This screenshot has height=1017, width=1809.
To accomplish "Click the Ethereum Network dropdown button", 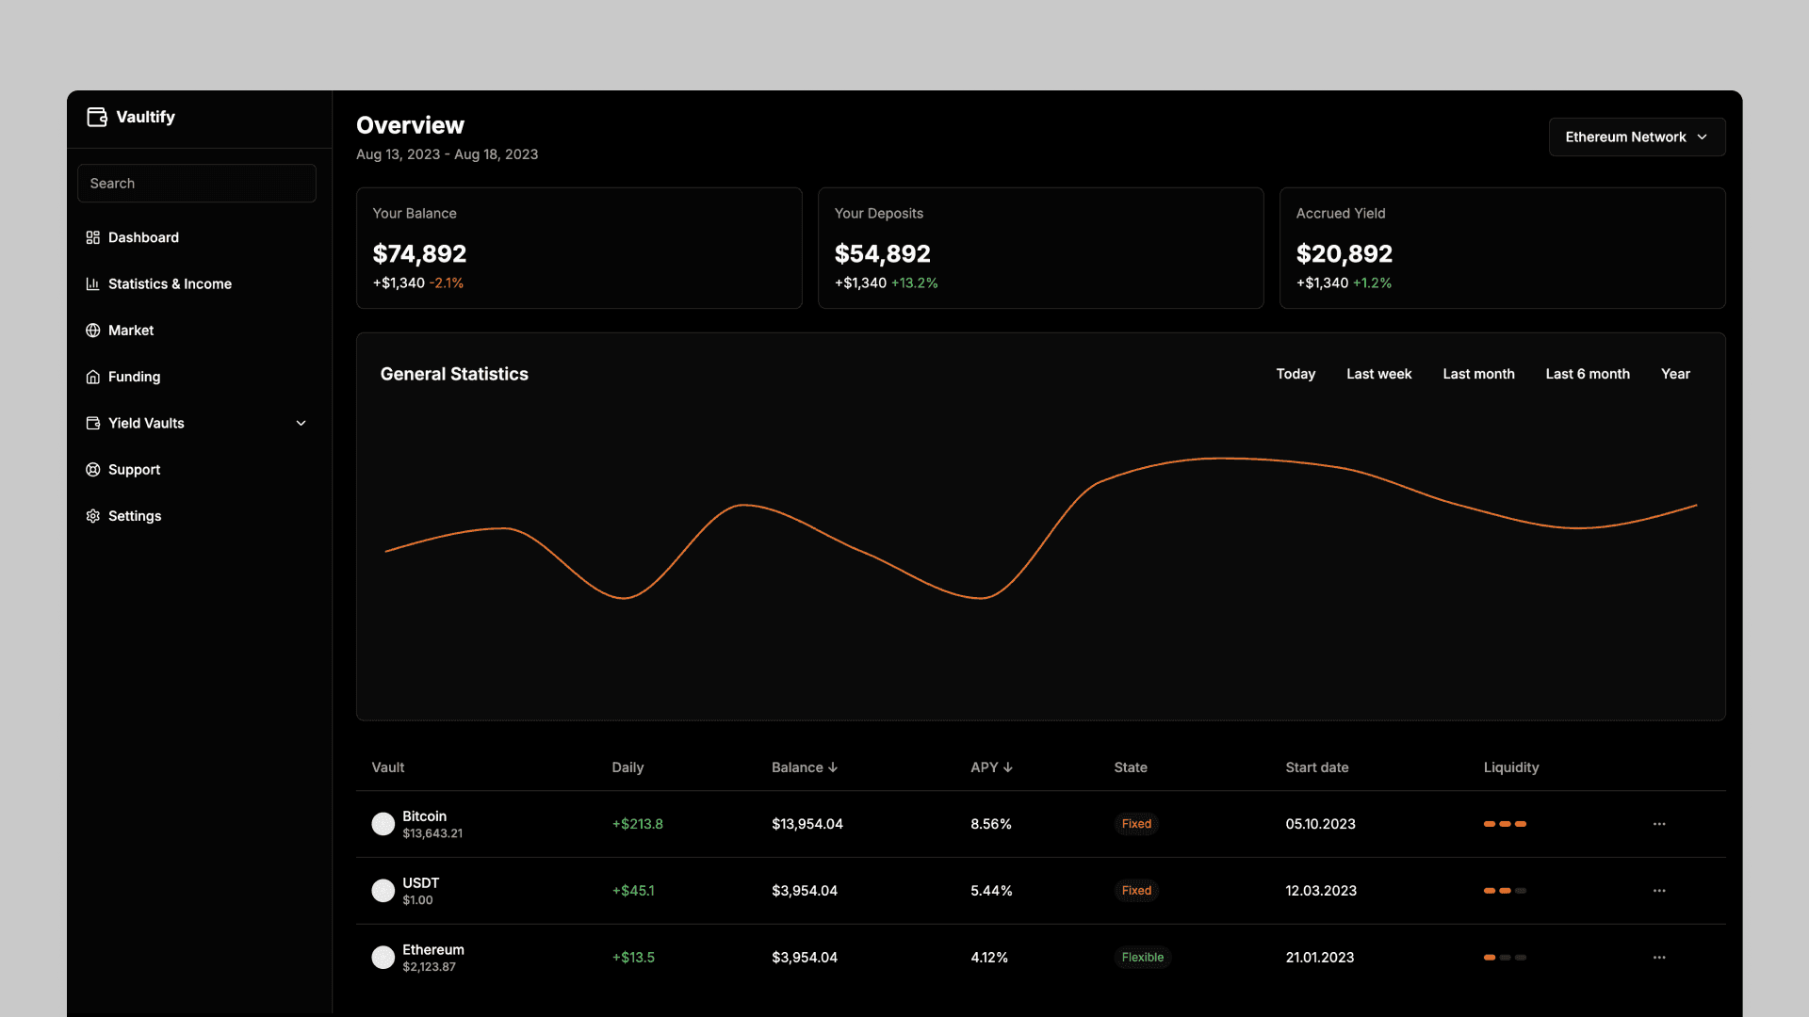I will click(x=1637, y=137).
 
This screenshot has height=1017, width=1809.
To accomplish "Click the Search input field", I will click(x=197, y=184).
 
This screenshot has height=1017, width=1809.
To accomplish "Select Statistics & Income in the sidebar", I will click(x=170, y=284).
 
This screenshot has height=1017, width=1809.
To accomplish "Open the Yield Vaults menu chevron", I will click(x=301, y=424).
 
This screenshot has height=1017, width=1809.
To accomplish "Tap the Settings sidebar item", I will click(x=134, y=516).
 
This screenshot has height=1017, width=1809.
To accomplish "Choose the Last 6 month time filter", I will click(x=1588, y=374).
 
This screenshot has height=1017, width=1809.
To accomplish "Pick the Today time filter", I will click(x=1296, y=374).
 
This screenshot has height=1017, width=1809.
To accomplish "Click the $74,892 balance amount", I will click(x=419, y=254).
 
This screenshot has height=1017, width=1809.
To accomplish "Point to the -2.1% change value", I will click(x=447, y=283).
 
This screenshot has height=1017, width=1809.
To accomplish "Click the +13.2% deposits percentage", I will click(x=914, y=283).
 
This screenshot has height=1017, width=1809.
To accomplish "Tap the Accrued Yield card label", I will click(x=1341, y=214).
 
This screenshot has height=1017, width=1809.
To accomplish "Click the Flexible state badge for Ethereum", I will click(x=1143, y=958).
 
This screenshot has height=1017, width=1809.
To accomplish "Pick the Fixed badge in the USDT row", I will click(x=1136, y=891).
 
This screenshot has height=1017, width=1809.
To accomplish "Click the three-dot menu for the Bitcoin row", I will click(x=1659, y=824).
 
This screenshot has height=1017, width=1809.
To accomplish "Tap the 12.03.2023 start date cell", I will click(x=1321, y=891).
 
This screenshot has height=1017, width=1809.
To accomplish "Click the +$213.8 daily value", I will click(x=638, y=824).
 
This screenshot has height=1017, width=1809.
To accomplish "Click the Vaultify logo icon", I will click(x=97, y=117).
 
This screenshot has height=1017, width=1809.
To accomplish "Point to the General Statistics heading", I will click(x=454, y=374).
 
